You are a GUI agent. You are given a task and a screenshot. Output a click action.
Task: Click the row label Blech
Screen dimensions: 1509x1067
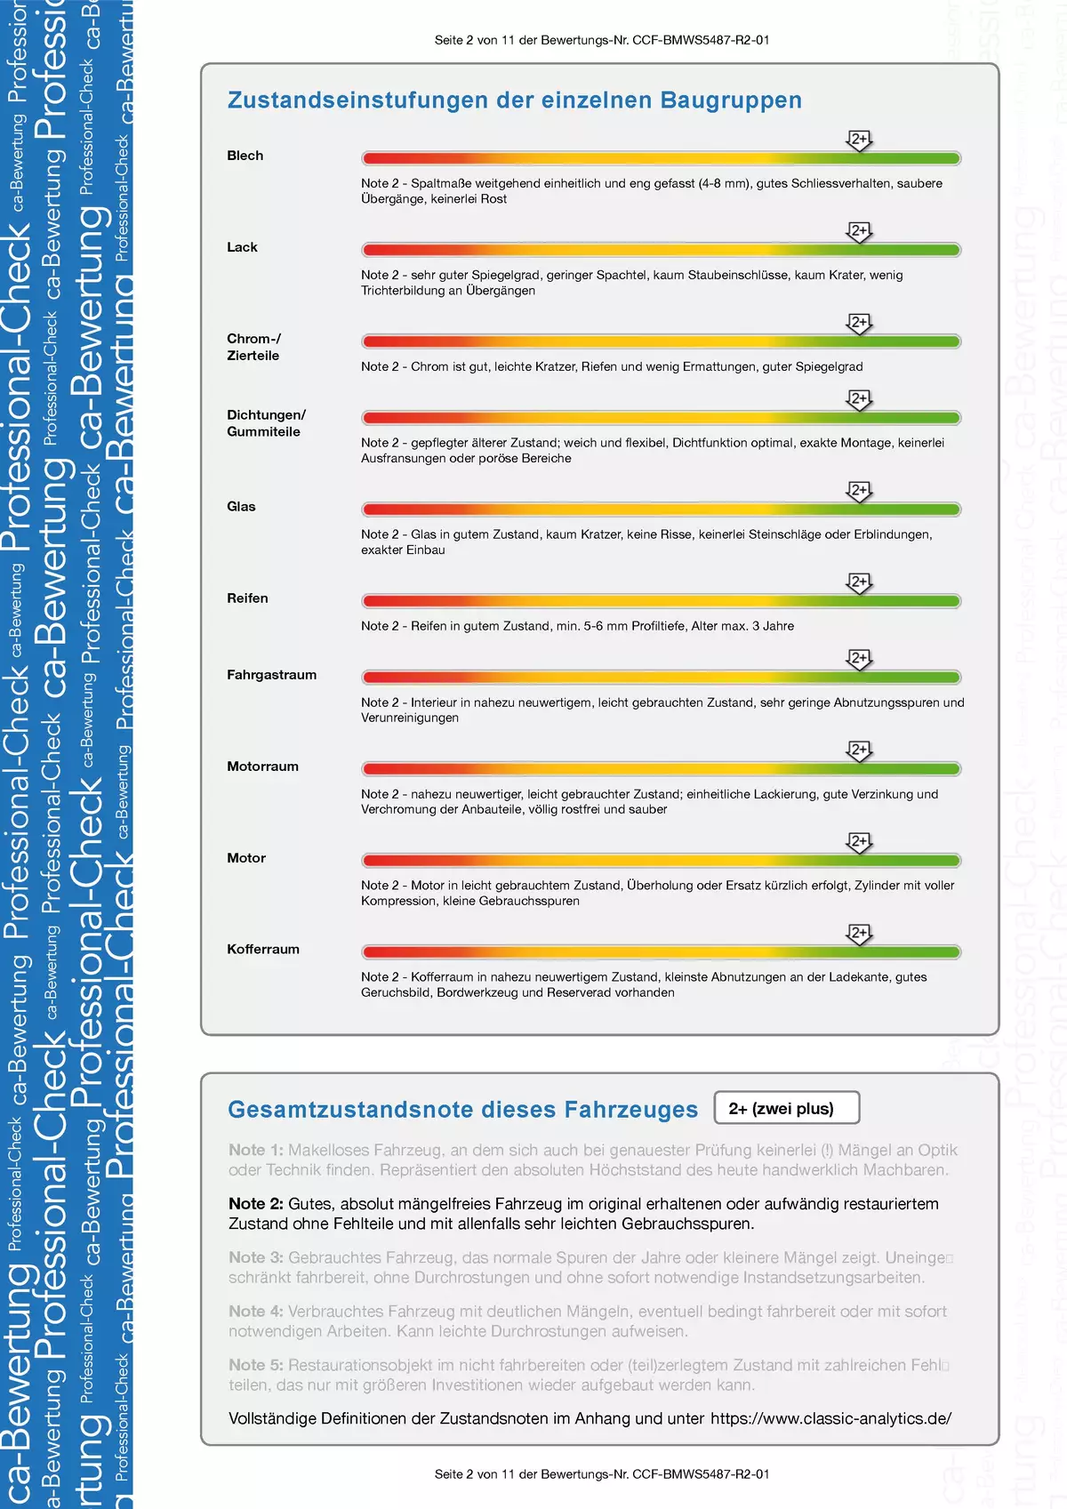tap(245, 156)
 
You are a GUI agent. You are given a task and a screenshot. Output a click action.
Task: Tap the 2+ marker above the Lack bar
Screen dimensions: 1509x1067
tap(859, 231)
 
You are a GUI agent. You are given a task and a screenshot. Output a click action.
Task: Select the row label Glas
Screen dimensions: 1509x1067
tap(241, 507)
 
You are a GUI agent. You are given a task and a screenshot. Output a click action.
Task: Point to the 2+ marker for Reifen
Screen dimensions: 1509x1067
tap(859, 582)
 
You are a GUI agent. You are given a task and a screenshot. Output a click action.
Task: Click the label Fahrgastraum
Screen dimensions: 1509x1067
tap(271, 675)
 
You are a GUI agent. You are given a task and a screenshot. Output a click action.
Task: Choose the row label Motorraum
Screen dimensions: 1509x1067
tap(262, 767)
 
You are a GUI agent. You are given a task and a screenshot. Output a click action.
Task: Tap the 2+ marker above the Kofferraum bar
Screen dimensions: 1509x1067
tap(859, 934)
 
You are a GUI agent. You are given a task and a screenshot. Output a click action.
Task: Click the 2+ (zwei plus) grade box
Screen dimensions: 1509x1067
tap(786, 1109)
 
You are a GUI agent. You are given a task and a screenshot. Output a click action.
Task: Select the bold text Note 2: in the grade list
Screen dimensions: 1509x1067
tap(255, 1204)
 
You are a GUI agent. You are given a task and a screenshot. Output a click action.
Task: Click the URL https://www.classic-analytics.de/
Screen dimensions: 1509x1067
tap(830, 1418)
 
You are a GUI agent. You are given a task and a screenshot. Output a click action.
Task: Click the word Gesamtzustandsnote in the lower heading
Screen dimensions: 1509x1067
tap(348, 1110)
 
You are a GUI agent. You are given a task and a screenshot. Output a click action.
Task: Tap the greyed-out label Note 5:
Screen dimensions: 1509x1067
tap(255, 1365)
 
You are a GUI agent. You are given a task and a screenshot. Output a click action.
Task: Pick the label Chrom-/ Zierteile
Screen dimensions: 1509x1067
tap(253, 347)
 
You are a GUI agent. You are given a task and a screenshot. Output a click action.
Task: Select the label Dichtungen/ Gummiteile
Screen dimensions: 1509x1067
tap(266, 423)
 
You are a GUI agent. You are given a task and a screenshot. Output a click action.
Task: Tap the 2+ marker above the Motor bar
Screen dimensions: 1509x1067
tap(859, 842)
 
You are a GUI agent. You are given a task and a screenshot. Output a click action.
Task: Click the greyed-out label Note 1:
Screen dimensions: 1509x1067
tap(255, 1150)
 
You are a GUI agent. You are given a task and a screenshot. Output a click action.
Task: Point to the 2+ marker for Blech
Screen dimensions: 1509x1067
tap(859, 140)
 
